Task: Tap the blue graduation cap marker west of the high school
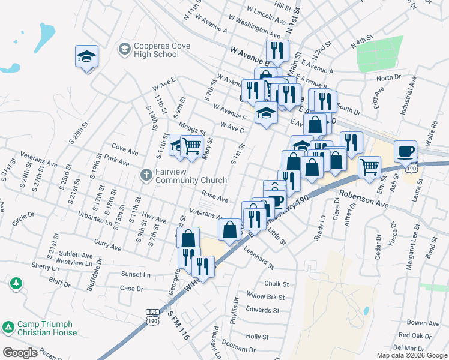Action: click(87, 57)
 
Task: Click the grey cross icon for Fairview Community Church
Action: click(145, 176)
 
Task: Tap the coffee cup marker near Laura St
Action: click(405, 151)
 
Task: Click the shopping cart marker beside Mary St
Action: click(191, 146)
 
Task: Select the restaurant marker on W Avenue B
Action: click(277, 51)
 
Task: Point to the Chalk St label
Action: click(276, 284)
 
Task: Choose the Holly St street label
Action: click(257, 337)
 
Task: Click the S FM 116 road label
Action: click(178, 326)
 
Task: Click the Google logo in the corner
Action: click(20, 353)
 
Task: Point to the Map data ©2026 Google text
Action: click(412, 355)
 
